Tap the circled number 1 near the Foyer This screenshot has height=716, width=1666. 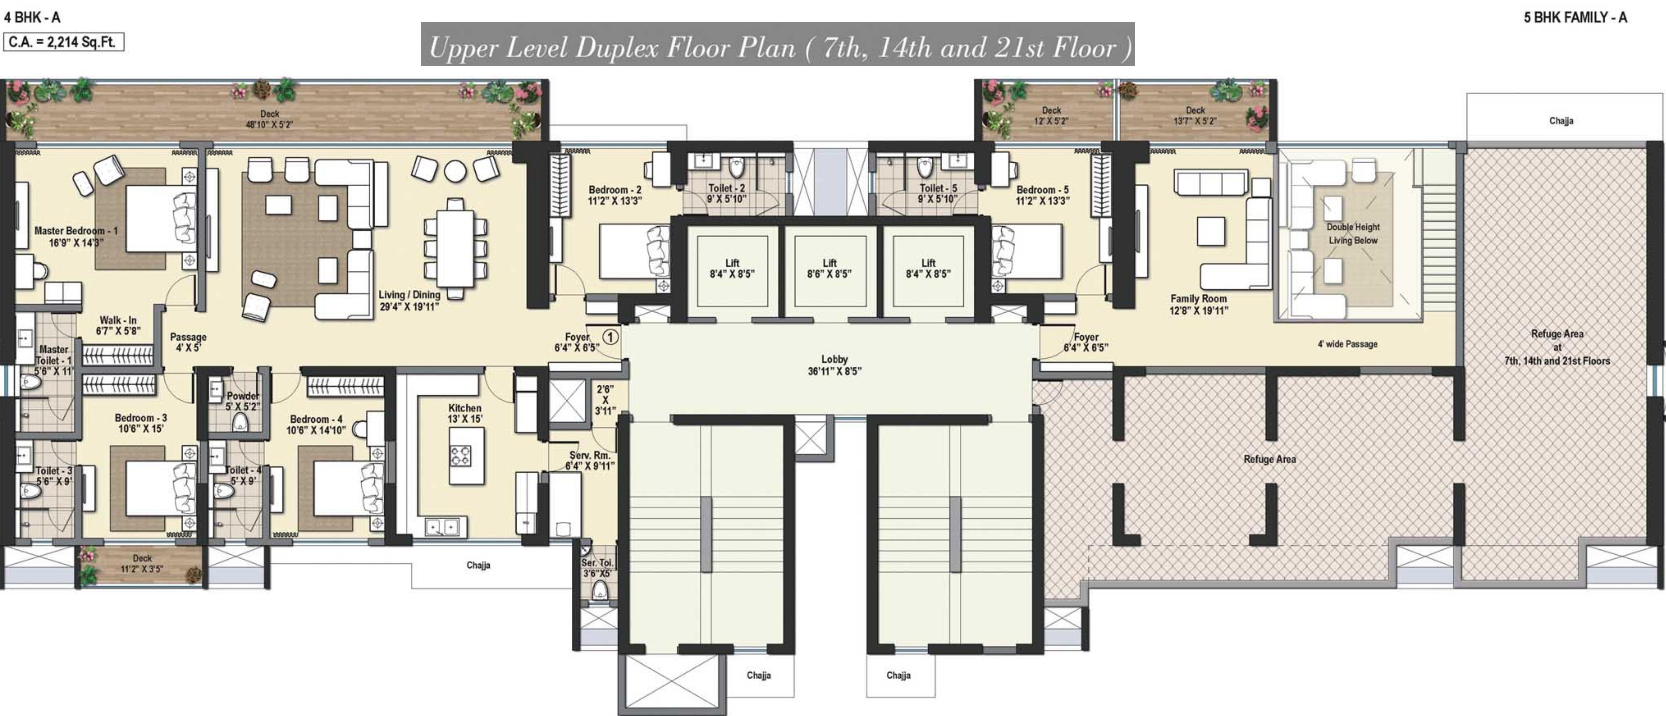pos(610,337)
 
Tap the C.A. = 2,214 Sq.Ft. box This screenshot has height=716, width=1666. pos(63,42)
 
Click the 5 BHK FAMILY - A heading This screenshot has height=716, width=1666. pos(1575,17)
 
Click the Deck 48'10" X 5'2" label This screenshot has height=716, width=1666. pos(269,119)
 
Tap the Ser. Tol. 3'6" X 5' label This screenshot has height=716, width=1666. pos(597,568)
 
